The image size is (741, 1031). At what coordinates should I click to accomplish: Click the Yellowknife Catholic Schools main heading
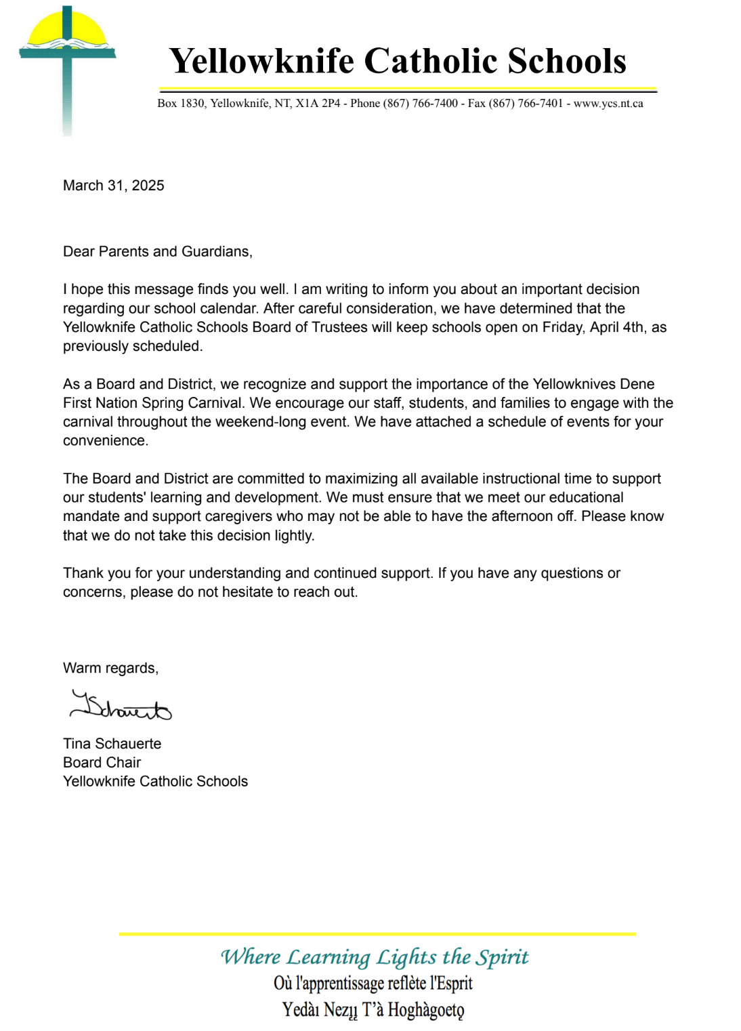point(398,61)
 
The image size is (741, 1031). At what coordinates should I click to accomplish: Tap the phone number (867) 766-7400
point(421,104)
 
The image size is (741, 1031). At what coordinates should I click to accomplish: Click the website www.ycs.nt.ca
point(608,104)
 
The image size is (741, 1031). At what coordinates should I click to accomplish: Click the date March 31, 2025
point(114,186)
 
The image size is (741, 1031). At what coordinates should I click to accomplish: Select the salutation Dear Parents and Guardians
point(157,251)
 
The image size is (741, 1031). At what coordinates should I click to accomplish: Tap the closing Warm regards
point(110,669)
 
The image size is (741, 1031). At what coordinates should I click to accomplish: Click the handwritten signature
point(121,707)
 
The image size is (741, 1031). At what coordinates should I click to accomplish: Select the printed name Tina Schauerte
point(112,744)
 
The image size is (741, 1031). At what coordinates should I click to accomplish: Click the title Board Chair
point(102,763)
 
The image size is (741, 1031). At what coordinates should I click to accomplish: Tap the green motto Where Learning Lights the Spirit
point(375,956)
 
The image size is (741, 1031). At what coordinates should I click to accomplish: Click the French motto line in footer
point(373,983)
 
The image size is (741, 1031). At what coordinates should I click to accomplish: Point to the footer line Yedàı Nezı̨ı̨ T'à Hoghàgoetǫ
point(373,1010)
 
